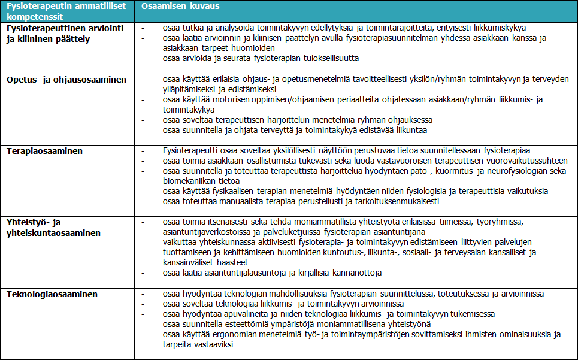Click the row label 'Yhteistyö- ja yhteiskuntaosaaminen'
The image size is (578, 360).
[x=54, y=227]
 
